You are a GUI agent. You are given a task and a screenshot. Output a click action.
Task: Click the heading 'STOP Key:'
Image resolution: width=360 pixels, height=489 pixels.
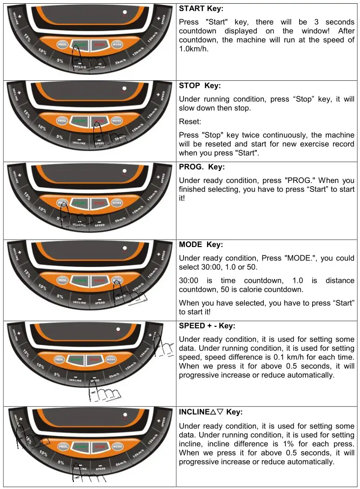200,86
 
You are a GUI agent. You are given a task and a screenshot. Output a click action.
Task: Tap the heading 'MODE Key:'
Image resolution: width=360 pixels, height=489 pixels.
201,244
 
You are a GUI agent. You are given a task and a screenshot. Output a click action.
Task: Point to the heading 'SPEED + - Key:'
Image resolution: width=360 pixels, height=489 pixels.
207,326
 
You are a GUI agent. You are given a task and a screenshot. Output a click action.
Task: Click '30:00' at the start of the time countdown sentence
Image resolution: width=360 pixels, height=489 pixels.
189,280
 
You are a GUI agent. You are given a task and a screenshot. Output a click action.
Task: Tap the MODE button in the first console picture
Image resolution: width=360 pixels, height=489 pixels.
117,45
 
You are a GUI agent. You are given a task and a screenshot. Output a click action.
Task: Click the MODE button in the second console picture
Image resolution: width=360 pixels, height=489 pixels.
117,121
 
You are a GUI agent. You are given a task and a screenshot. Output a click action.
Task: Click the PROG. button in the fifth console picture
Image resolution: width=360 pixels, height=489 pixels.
59,359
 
